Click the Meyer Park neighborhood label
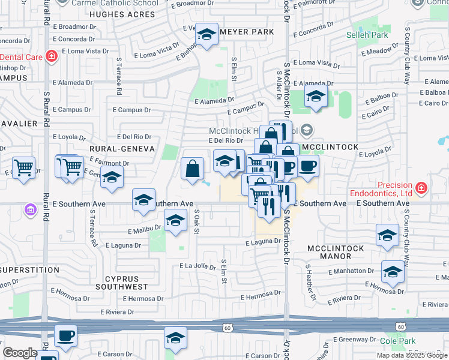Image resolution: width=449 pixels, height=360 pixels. coord(247,32)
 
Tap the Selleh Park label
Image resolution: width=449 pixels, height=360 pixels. coord(367,35)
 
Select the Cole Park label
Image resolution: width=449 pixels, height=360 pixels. coord(398,341)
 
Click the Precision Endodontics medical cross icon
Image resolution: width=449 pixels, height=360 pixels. coord(421,188)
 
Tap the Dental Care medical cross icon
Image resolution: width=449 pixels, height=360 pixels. coord(52,57)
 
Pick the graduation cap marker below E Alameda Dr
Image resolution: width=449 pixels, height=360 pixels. coord(315,96)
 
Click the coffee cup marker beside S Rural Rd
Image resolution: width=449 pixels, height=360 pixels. coord(65,335)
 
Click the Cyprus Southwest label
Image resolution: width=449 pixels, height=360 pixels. coord(130,283)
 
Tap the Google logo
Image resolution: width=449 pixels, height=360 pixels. coord(20,352)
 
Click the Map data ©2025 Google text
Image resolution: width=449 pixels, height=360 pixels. coord(411,355)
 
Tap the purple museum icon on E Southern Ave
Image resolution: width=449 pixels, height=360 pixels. coord(29,209)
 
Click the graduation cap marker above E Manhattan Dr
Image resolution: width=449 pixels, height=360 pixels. coord(387,235)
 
